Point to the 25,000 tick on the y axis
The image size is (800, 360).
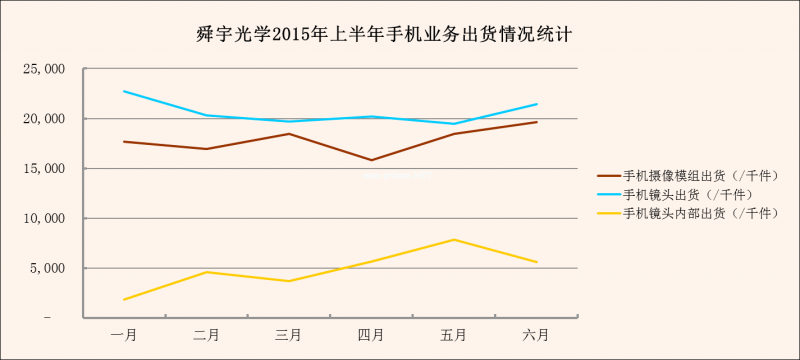tap(45, 69)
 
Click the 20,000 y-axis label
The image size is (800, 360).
tap(45, 119)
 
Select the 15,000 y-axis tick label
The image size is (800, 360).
tap(45, 169)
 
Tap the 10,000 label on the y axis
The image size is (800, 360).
tap(45, 218)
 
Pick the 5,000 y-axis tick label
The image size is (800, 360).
tap(48, 268)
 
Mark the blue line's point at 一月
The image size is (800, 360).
tap(124, 91)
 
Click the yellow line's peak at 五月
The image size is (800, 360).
tap(454, 239)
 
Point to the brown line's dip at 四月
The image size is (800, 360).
tap(371, 160)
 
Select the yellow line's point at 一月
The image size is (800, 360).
tap(124, 299)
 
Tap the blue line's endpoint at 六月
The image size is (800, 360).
tap(536, 104)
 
